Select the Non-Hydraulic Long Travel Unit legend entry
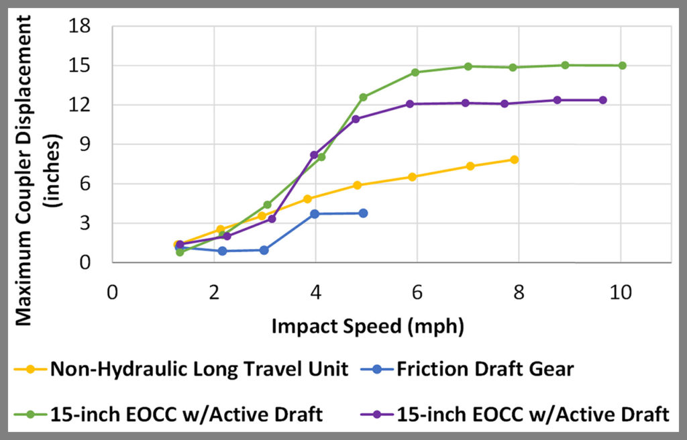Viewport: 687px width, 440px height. tap(198, 369)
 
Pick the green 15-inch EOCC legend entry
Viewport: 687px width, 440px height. tap(185, 415)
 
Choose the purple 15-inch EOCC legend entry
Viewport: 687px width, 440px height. tap(530, 415)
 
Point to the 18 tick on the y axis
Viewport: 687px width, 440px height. tap(86, 27)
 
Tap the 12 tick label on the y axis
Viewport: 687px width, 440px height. tap(86, 105)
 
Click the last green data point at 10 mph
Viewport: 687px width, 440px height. tap(622, 66)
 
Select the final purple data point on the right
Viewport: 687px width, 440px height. tap(602, 100)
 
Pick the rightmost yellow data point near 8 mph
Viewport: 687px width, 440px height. tap(514, 160)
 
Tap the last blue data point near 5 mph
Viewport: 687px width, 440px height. tap(363, 213)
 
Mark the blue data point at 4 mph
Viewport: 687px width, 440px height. tap(314, 214)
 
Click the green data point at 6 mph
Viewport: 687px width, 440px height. tap(415, 72)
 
